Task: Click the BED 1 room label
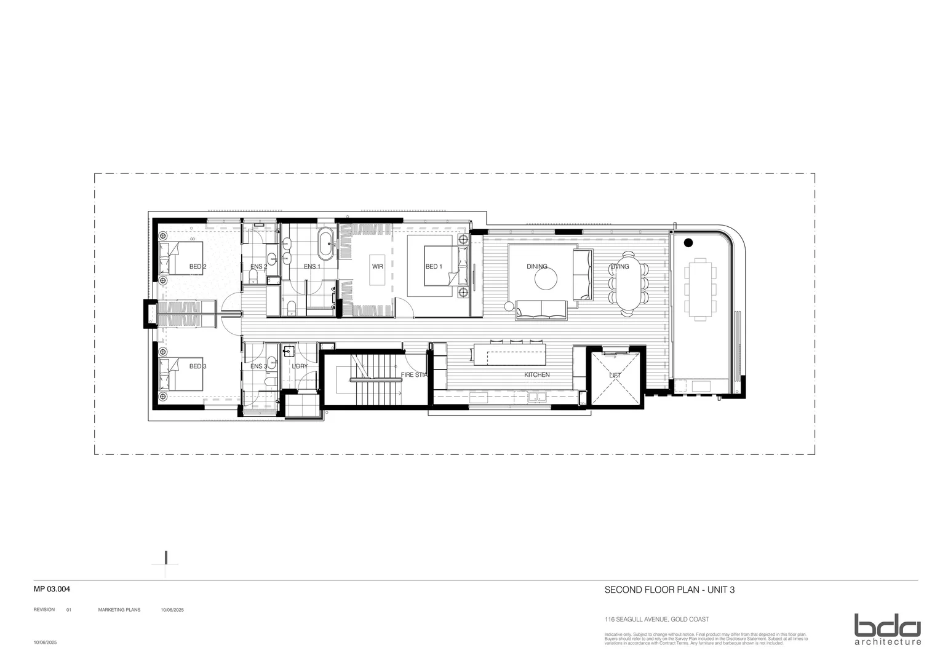click(434, 267)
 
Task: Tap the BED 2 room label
click(197, 267)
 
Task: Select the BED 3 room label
click(197, 366)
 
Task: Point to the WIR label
click(378, 267)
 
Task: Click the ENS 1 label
click(312, 267)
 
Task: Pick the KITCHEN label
click(536, 375)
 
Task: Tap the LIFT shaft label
click(615, 375)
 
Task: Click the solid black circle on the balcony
click(688, 242)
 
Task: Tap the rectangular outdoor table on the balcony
click(700, 288)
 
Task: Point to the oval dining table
click(628, 283)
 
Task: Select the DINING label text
click(537, 267)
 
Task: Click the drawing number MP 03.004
click(52, 589)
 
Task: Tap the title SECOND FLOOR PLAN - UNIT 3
click(670, 590)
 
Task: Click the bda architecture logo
click(887, 629)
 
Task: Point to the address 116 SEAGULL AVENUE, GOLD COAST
click(656, 620)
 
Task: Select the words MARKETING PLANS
click(119, 610)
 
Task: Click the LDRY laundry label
click(300, 366)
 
